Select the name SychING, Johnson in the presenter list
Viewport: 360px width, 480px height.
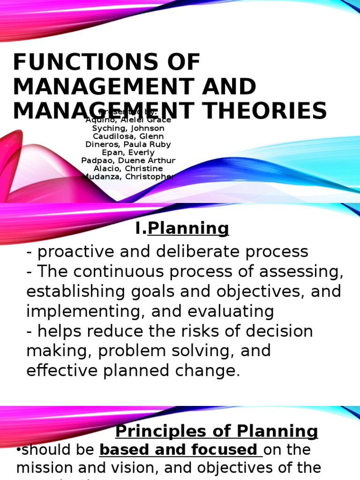pos(128,128)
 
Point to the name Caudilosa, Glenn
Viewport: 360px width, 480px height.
pos(128,136)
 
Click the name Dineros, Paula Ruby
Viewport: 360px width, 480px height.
pos(128,144)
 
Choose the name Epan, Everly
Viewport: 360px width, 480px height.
pos(128,152)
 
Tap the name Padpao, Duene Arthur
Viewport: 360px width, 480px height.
pos(128,160)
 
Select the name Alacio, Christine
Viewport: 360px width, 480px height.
pos(128,168)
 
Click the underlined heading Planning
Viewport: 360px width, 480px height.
pos(188,228)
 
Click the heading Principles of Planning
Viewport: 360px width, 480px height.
pos(217,431)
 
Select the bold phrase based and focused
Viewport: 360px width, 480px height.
pos(179,450)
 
